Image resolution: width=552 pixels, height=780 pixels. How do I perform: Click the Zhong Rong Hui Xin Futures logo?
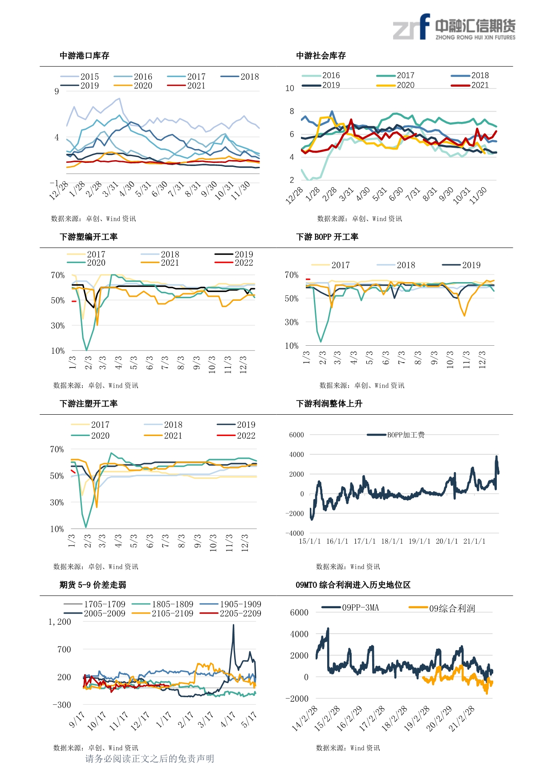tap(454, 27)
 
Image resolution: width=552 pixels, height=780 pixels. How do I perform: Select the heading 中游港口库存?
tap(85, 56)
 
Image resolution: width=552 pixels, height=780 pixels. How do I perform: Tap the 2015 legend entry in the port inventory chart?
tap(80, 77)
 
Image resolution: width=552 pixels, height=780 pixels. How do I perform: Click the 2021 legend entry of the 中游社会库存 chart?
tap(470, 85)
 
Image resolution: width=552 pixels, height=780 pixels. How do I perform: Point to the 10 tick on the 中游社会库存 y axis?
tap(290, 88)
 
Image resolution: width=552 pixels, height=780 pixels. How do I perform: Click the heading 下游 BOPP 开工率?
tap(327, 237)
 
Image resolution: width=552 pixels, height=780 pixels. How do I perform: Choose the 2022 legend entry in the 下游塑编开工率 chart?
tap(234, 263)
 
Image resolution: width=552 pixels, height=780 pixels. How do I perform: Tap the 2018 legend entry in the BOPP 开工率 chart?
tap(396, 265)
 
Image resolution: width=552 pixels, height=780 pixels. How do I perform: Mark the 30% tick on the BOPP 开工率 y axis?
tap(292, 322)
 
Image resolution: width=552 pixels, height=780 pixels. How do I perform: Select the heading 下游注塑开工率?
tap(89, 404)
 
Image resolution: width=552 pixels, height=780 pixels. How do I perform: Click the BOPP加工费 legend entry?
tap(396, 435)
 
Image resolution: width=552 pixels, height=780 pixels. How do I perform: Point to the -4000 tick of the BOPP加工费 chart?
tap(295, 533)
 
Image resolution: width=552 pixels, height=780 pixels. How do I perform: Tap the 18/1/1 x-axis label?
tap(392, 541)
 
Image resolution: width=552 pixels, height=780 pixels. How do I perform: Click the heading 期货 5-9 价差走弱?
tap(93, 585)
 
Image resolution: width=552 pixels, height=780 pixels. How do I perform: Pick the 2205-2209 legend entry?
tap(231, 613)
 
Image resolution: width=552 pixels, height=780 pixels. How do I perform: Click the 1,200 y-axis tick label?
tap(60, 622)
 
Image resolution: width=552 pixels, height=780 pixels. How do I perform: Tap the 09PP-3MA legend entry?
tap(350, 607)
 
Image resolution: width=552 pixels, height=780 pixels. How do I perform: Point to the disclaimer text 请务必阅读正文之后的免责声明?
tap(150, 759)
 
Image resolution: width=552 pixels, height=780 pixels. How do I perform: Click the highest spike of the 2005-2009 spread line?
tap(233, 625)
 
